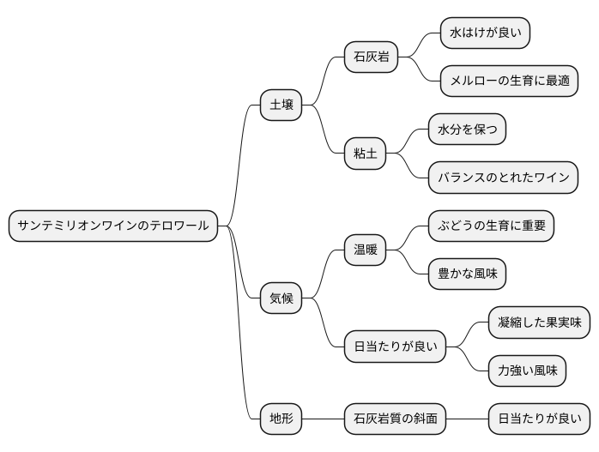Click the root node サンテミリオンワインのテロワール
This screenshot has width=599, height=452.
click(x=113, y=226)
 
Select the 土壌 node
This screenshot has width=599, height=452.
click(x=281, y=105)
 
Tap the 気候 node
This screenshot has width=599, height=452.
click(x=281, y=298)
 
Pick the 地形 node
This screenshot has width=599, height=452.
click(x=281, y=419)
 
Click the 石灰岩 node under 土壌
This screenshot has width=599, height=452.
click(x=371, y=57)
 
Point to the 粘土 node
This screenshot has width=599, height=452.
click(x=365, y=154)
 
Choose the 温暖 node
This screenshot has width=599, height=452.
click(x=365, y=250)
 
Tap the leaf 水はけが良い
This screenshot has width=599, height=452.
click(x=485, y=33)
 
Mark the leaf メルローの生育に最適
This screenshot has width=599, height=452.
click(x=508, y=81)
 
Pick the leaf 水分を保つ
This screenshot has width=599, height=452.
click(x=467, y=130)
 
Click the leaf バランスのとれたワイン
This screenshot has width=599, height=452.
click(x=503, y=178)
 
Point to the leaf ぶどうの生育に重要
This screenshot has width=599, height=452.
click(x=491, y=226)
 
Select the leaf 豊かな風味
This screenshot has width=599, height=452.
click(x=467, y=274)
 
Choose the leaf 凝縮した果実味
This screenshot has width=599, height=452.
click(x=539, y=322)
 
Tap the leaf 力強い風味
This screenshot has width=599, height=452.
click(x=527, y=371)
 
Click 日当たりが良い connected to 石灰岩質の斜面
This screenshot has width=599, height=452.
click(x=539, y=419)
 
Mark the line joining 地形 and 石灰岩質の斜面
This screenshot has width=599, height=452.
click(x=323, y=419)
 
